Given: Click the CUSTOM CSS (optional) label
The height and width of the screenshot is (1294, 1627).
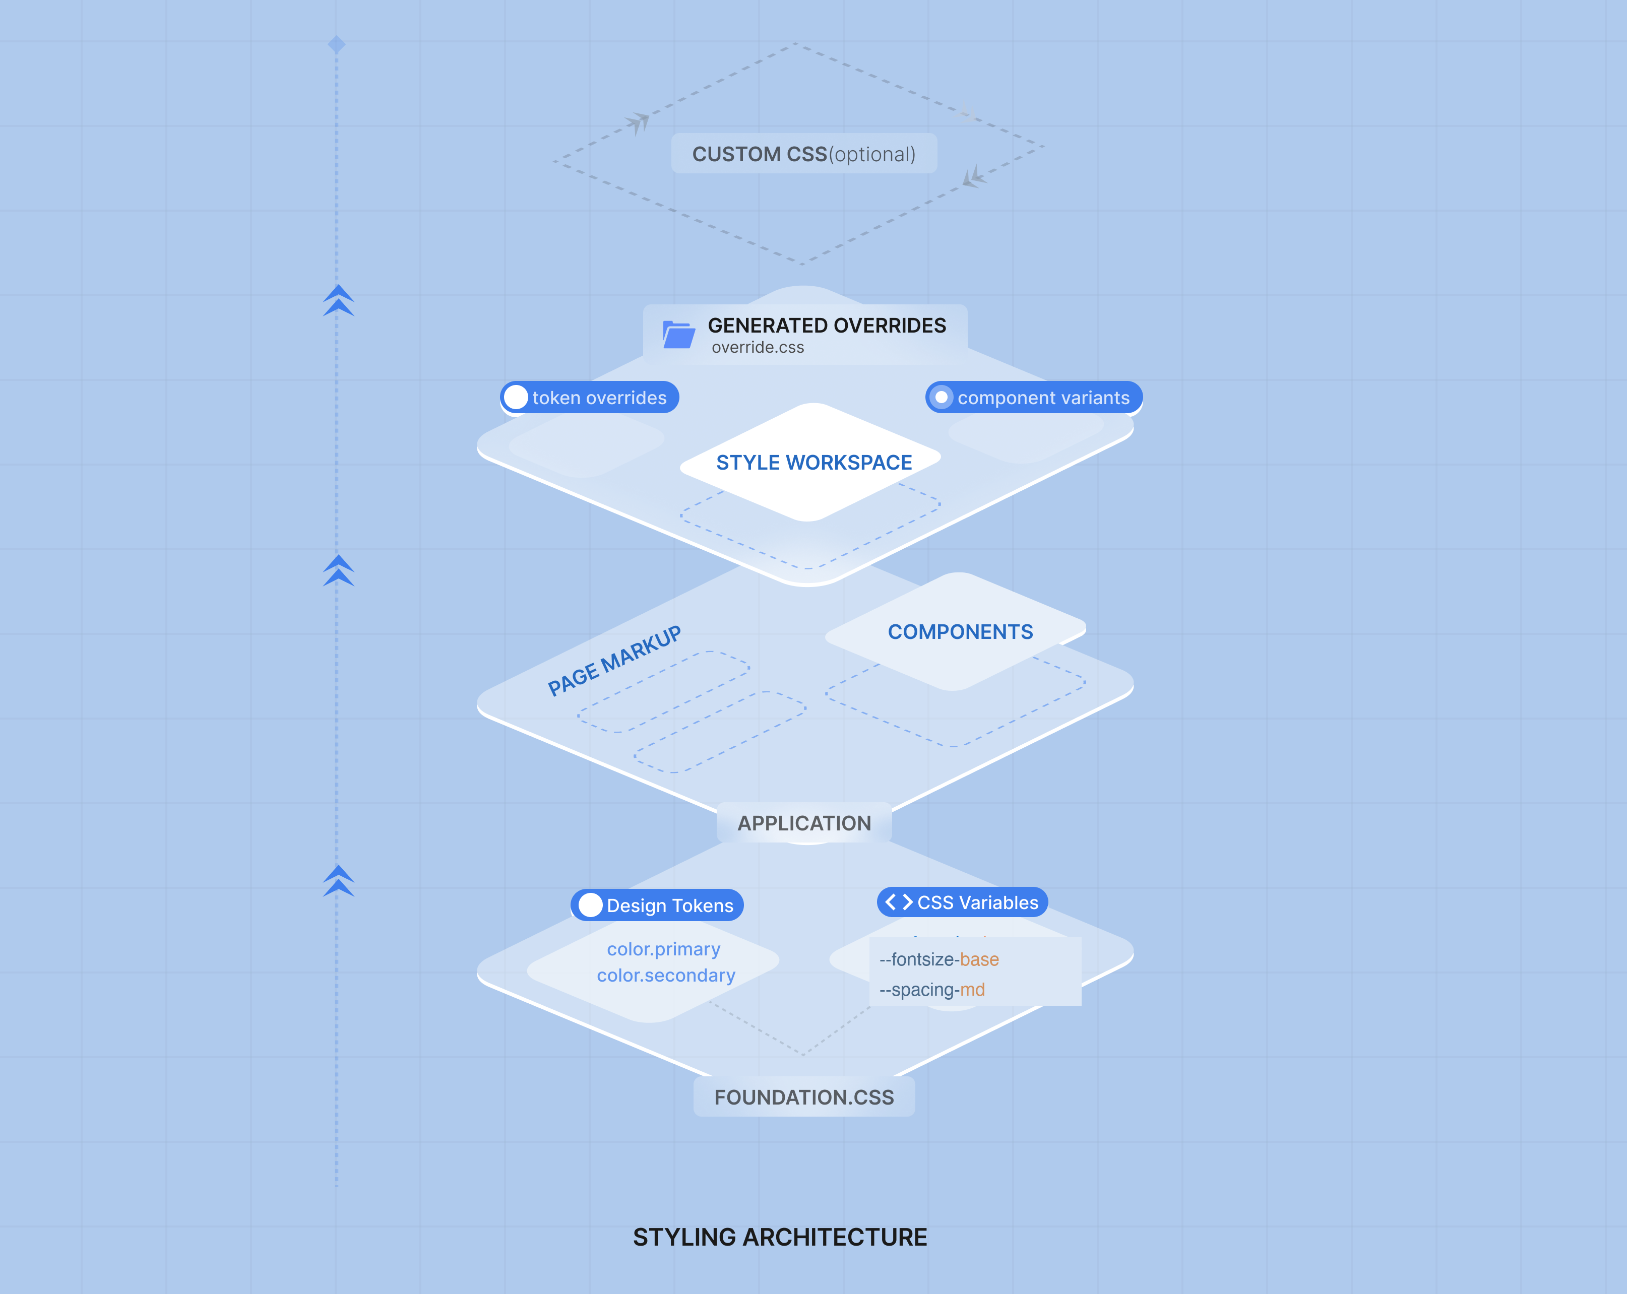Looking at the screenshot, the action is [804, 154].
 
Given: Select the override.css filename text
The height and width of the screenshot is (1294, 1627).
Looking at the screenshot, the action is [758, 347].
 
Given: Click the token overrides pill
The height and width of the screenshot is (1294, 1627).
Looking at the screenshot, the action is [589, 397].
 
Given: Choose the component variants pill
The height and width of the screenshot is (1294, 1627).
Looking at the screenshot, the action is [1034, 397].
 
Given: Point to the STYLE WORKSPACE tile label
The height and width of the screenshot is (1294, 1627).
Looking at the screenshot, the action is [814, 463].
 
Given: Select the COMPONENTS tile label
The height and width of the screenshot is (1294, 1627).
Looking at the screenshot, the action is [960, 631].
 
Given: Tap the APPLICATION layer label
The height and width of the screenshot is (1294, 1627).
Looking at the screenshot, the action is [804, 823].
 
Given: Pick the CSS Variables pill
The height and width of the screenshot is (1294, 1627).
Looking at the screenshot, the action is [962, 902].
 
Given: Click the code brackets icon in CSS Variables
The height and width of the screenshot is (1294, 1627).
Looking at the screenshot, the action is [899, 902].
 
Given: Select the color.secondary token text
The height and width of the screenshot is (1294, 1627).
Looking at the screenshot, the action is [666, 976].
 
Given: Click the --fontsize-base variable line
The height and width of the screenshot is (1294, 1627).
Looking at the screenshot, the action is [939, 960].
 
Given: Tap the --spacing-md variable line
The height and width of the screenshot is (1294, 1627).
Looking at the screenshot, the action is [932, 990].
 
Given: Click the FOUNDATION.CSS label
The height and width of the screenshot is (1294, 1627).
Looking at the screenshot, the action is [804, 1097].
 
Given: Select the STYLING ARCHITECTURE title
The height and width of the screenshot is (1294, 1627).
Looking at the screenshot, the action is [780, 1238].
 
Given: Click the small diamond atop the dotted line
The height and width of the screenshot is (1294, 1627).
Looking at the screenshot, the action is [337, 44].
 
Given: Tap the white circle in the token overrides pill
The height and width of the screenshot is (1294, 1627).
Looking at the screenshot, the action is [516, 397].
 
